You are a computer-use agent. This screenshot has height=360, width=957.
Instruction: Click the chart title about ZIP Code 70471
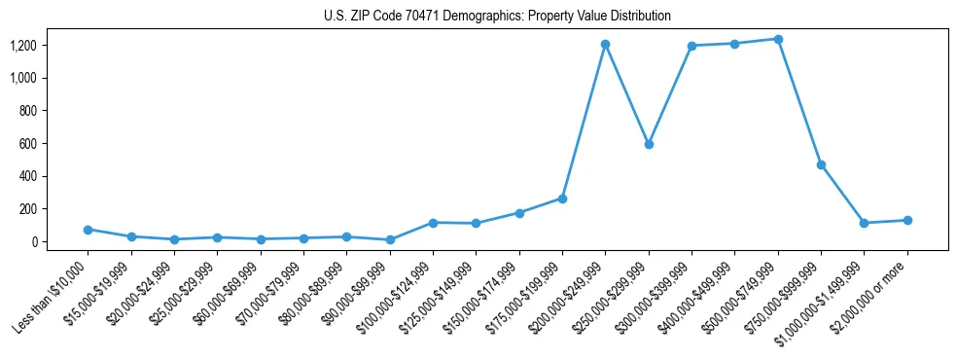(x=497, y=16)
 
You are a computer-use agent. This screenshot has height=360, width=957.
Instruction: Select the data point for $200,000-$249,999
(x=605, y=44)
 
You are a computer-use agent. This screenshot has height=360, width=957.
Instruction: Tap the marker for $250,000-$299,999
(x=649, y=144)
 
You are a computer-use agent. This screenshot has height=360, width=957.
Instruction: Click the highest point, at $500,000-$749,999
(x=778, y=39)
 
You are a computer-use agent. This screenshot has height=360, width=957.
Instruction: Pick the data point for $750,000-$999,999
(x=821, y=164)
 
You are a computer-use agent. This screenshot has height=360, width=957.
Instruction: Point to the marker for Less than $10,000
(x=88, y=230)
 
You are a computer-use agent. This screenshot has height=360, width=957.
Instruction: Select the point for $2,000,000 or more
(x=907, y=220)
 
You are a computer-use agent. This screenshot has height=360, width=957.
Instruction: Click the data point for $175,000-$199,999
(x=562, y=198)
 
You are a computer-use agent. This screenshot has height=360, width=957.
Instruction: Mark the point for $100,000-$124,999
(x=433, y=223)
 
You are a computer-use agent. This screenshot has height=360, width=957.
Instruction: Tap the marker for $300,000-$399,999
(x=691, y=46)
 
